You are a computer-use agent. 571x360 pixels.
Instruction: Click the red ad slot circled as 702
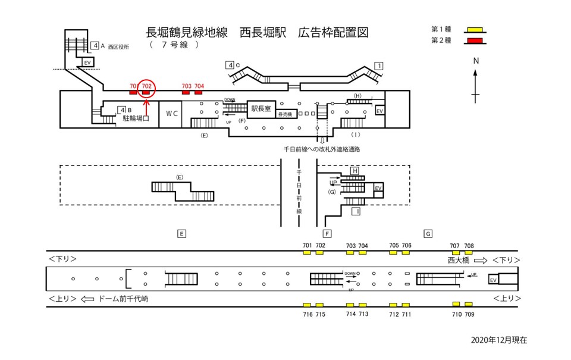(x=146, y=93)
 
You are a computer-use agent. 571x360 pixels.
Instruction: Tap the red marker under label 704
(x=199, y=93)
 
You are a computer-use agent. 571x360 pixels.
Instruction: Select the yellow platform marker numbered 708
(x=469, y=252)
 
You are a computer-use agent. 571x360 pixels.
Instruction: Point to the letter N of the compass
(x=476, y=61)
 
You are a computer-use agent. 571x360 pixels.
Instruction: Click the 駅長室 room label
(x=261, y=109)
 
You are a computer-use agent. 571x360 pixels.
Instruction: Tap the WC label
(x=171, y=113)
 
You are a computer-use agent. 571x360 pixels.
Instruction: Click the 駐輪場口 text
(x=136, y=119)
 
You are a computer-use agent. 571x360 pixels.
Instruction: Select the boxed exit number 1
(x=378, y=65)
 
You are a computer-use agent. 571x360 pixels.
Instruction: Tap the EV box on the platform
(x=492, y=280)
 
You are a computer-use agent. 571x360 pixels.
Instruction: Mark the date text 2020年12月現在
(x=498, y=340)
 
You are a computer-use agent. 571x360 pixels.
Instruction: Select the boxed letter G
(x=428, y=233)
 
